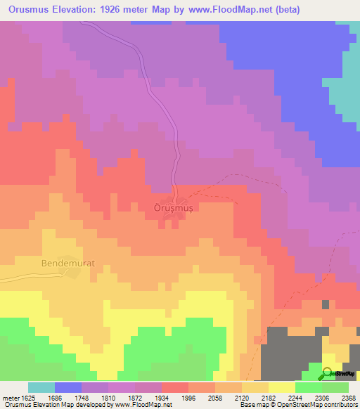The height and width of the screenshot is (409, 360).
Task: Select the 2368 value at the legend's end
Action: (x=349, y=398)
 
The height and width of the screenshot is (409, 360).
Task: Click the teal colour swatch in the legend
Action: (x=41, y=387)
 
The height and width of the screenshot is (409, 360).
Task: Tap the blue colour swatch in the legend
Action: (x=68, y=387)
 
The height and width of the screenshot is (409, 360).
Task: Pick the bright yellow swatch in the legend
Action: (x=282, y=387)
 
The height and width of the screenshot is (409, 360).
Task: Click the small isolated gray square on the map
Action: (x=325, y=305)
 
